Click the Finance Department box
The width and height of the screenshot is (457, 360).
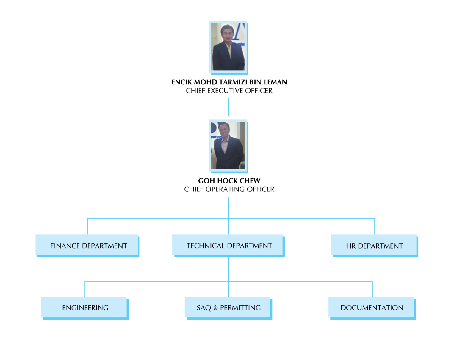coord(87,245)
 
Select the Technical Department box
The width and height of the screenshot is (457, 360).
coord(228,245)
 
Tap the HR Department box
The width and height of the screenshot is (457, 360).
coord(374,245)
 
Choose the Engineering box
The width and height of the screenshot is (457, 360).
coord(84,307)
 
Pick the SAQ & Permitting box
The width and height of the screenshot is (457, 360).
coord(228,307)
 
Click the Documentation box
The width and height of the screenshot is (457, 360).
coord(372,307)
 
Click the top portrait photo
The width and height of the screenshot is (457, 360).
coord(228,47)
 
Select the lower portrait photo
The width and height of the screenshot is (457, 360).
coord(228,146)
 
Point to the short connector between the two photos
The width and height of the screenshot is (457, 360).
coord(228,106)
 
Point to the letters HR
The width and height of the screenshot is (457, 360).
coord(351,246)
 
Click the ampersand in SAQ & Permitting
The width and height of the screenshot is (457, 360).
coord(215,308)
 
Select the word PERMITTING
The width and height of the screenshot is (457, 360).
coord(240,308)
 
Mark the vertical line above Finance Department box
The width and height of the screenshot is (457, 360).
coord(87,227)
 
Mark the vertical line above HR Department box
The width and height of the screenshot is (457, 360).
coord(375,227)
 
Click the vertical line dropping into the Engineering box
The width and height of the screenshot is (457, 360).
coord(85,289)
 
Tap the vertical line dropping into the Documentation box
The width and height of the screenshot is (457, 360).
coord(372,289)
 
